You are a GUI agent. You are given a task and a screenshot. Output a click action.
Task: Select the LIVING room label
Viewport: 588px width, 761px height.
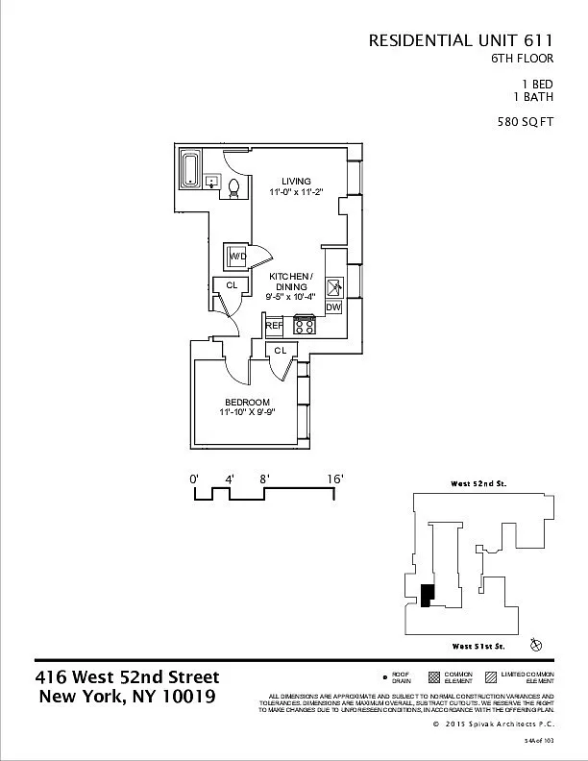click(x=295, y=180)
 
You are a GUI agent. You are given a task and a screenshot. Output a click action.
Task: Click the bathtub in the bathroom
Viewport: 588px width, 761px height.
click(x=190, y=170)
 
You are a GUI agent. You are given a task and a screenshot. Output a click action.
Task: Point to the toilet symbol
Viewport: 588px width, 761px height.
click(x=233, y=184)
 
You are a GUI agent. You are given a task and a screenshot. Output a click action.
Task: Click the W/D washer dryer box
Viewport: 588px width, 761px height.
click(x=237, y=257)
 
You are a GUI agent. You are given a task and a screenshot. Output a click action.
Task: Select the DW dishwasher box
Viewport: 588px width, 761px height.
click(x=334, y=307)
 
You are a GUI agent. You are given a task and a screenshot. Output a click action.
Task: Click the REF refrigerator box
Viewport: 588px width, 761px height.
click(x=274, y=327)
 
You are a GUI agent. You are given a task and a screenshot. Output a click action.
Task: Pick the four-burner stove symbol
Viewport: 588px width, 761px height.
click(x=305, y=325)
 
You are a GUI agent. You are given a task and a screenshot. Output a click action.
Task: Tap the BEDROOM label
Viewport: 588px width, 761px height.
click(x=247, y=402)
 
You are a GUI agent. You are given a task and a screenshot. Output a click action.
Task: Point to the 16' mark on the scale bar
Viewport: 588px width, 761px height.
click(x=335, y=478)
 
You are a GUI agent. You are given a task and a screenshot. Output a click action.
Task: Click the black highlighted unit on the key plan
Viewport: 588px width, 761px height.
click(x=427, y=596)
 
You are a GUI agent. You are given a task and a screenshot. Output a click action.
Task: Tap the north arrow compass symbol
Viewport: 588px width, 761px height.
click(x=536, y=643)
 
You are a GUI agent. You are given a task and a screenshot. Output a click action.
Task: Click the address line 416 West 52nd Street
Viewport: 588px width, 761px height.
click(x=127, y=677)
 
